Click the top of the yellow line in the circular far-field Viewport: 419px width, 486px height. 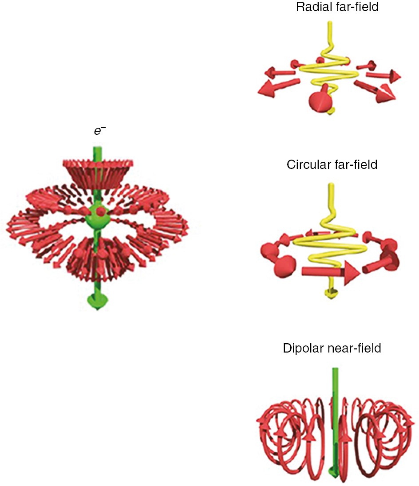pos(330,185)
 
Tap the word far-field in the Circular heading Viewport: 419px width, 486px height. pos(355,165)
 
